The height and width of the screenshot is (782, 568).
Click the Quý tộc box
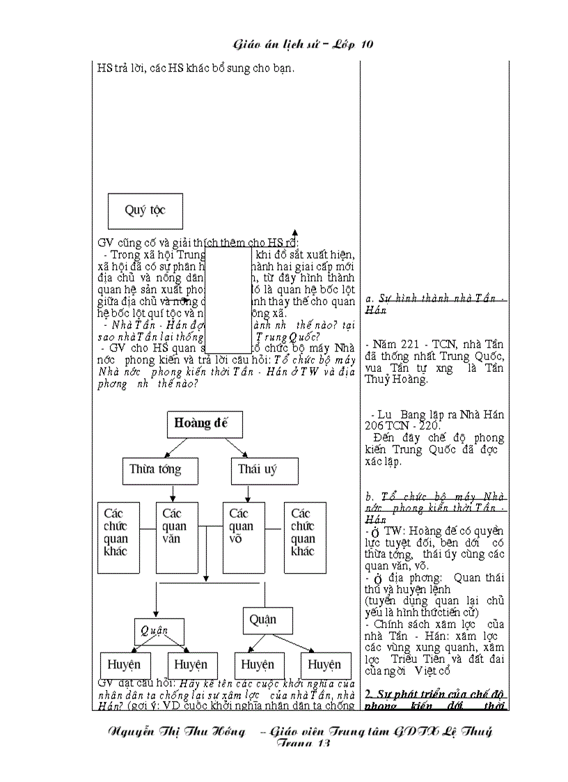(x=145, y=209)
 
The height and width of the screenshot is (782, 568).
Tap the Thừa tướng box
(x=155, y=470)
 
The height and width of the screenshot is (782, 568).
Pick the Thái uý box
(x=258, y=470)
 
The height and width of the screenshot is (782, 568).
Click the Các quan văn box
(x=177, y=537)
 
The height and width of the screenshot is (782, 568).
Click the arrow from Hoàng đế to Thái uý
(x=237, y=447)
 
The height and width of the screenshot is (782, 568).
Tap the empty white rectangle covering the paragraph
(x=229, y=299)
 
